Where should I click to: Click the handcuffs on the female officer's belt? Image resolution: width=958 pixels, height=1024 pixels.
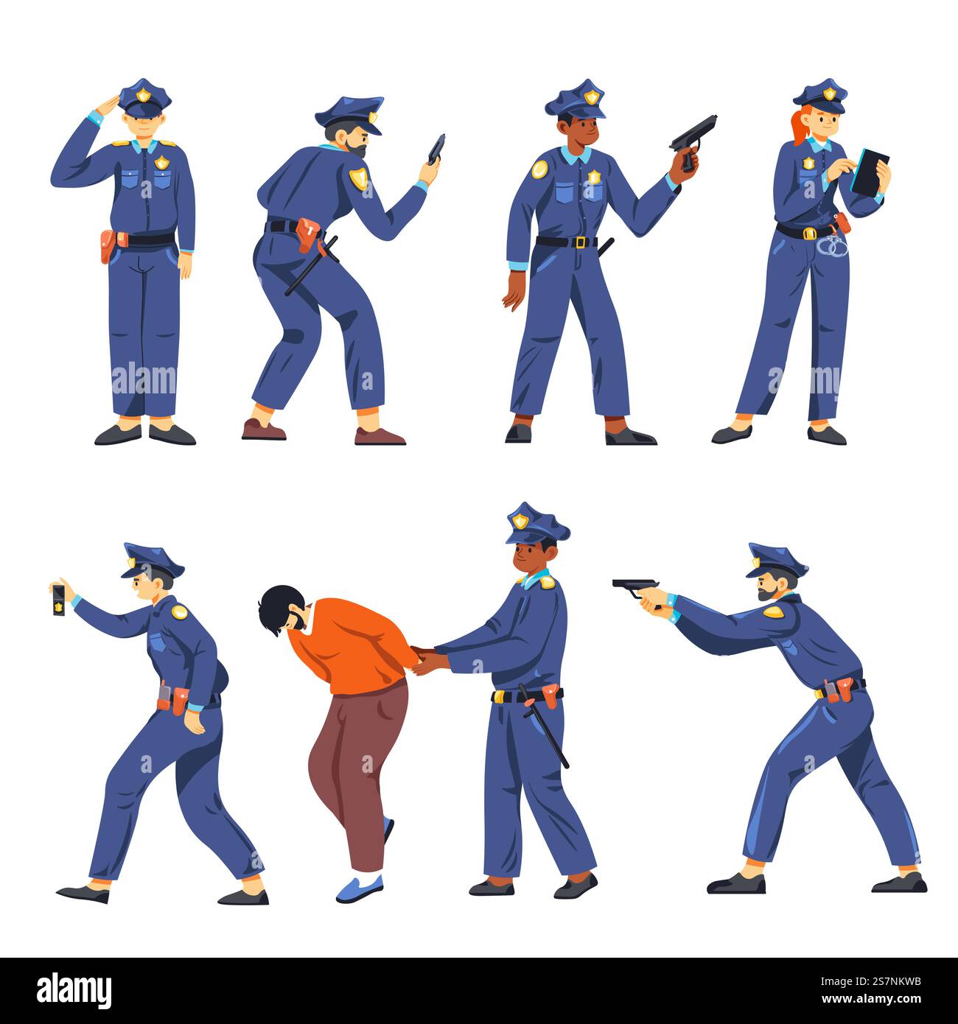[x=833, y=245]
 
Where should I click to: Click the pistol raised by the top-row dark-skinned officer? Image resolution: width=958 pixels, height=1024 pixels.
[x=693, y=137]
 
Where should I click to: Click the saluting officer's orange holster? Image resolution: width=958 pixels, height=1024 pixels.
[x=108, y=245]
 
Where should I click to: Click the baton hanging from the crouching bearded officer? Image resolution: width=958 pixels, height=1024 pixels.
[x=312, y=266]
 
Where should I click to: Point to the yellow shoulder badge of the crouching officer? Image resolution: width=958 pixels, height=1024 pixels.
[x=359, y=178]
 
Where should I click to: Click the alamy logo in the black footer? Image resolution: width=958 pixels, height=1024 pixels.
[x=74, y=989]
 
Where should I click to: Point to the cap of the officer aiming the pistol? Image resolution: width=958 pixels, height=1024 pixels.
[x=775, y=561]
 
